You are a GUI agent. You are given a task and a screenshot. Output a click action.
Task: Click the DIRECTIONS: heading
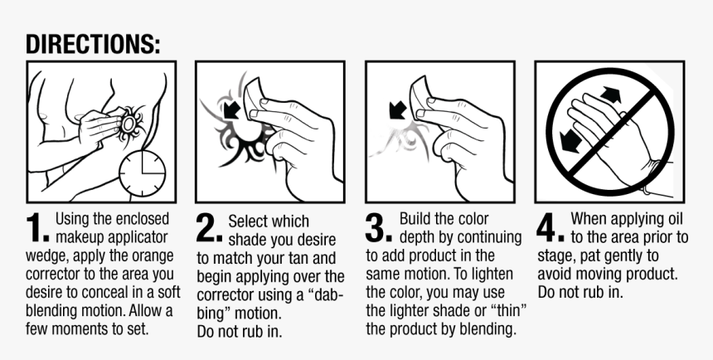click(93, 44)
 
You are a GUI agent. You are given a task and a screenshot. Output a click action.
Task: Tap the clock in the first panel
click(143, 173)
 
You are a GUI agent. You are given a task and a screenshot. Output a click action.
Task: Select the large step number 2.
click(209, 227)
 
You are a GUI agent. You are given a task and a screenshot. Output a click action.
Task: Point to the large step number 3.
click(378, 227)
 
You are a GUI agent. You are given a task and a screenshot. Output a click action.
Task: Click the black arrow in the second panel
click(232, 110)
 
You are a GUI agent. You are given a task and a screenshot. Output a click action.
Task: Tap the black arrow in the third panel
click(398, 110)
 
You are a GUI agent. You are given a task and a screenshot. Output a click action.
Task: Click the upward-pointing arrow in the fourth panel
click(610, 95)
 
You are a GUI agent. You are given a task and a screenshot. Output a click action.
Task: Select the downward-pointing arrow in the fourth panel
click(570, 141)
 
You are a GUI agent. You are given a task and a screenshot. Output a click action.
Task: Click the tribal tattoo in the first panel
click(130, 124)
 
